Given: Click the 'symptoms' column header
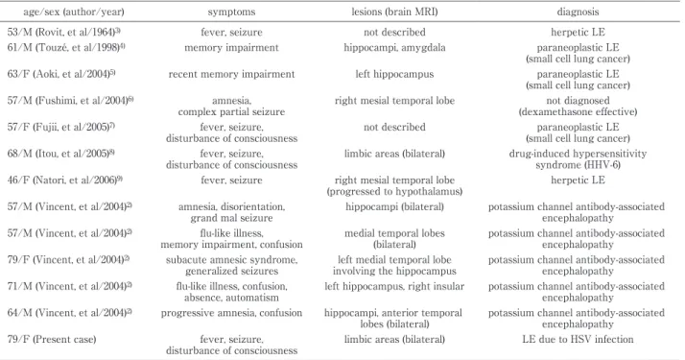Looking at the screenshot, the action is [231, 12].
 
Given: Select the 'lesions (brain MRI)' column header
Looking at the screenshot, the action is [394, 12].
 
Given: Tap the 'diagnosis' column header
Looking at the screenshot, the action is [578, 12].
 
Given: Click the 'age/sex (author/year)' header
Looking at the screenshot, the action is [74, 12].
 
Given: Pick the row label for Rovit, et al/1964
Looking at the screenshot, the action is [63, 33].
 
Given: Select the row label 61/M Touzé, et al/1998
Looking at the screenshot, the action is [66, 48].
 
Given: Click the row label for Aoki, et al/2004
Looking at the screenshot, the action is [61, 74].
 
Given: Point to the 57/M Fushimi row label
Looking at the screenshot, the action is [70, 101].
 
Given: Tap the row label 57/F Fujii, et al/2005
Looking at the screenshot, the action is [61, 128].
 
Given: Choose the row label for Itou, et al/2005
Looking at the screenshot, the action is [61, 155].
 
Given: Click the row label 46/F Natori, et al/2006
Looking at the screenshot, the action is [64, 180].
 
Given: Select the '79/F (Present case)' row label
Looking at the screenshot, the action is [52, 340].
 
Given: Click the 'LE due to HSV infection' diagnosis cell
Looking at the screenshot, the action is [578, 340].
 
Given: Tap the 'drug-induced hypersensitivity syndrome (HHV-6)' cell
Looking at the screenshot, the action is [578, 159].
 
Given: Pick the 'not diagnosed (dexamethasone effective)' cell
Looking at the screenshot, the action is [578, 107].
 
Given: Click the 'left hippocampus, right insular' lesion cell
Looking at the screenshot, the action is [394, 287].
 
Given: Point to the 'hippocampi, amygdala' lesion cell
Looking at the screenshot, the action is [394, 48].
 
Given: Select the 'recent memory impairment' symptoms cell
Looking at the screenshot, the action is [231, 74].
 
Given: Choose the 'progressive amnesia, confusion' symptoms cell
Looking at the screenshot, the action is [231, 313].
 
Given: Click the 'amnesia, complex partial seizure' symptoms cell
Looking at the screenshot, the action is [231, 107].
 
